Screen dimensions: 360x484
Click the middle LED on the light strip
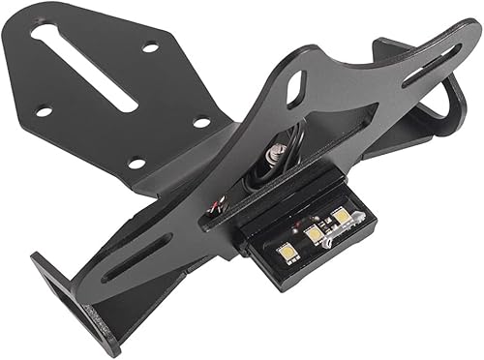click(x=315, y=232)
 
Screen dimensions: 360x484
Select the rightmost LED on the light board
click(x=340, y=216)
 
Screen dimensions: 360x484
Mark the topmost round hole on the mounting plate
click(x=150, y=47)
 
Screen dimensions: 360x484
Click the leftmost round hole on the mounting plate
click(x=44, y=111)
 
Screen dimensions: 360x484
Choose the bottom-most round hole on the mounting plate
click(x=136, y=163)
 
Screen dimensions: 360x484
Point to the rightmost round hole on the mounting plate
click(x=200, y=122)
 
